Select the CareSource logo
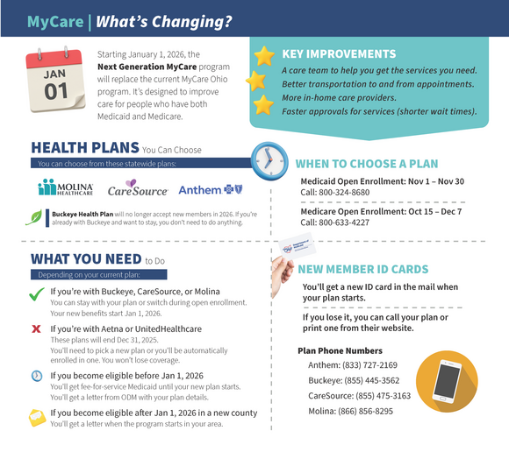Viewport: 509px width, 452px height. [x=138, y=188]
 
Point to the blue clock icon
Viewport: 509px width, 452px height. [x=268, y=159]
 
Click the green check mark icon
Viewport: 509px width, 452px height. [x=37, y=296]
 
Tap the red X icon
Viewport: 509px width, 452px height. [x=37, y=328]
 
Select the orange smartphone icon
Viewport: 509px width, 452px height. [x=447, y=382]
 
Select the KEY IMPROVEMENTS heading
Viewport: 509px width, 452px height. [x=339, y=54]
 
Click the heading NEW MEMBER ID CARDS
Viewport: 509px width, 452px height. [x=363, y=270]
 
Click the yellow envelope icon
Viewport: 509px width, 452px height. [x=37, y=416]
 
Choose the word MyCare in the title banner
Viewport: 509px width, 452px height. [x=55, y=21]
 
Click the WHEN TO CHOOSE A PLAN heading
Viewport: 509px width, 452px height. [x=367, y=164]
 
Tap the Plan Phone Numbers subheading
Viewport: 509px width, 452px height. [x=340, y=350]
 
